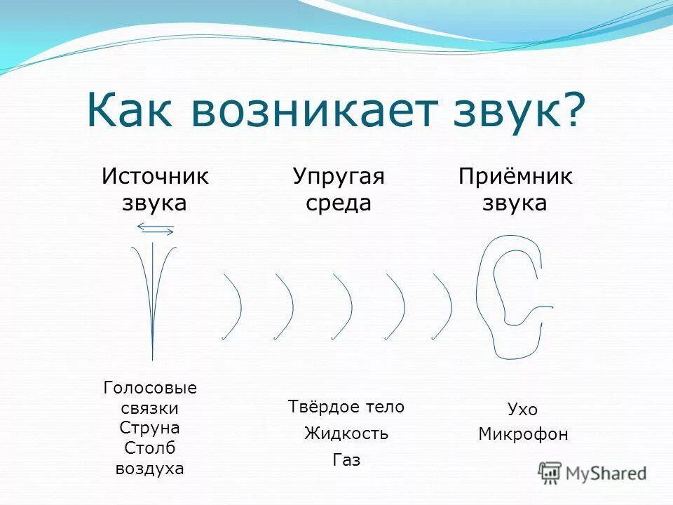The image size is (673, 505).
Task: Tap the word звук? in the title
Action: click(519, 110)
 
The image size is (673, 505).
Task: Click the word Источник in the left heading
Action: click(155, 176)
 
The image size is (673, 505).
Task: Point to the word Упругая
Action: click(339, 176)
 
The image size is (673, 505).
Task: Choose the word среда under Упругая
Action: click(339, 203)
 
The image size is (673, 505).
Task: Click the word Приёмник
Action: click(515, 176)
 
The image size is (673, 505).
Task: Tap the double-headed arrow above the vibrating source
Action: click(156, 228)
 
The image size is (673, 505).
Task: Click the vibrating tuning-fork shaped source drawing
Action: click(153, 295)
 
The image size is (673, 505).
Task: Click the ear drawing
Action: click(510, 295)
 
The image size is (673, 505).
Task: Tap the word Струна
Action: click(150, 428)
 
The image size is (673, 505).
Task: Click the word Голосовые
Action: click(150, 388)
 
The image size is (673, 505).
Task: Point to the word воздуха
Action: click(150, 469)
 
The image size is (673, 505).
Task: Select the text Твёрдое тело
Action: click(346, 407)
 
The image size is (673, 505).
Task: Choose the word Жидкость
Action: click(346, 433)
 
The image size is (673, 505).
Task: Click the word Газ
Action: click(346, 460)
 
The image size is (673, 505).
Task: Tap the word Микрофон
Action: click(523, 434)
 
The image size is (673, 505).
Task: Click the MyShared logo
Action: click(592, 473)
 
